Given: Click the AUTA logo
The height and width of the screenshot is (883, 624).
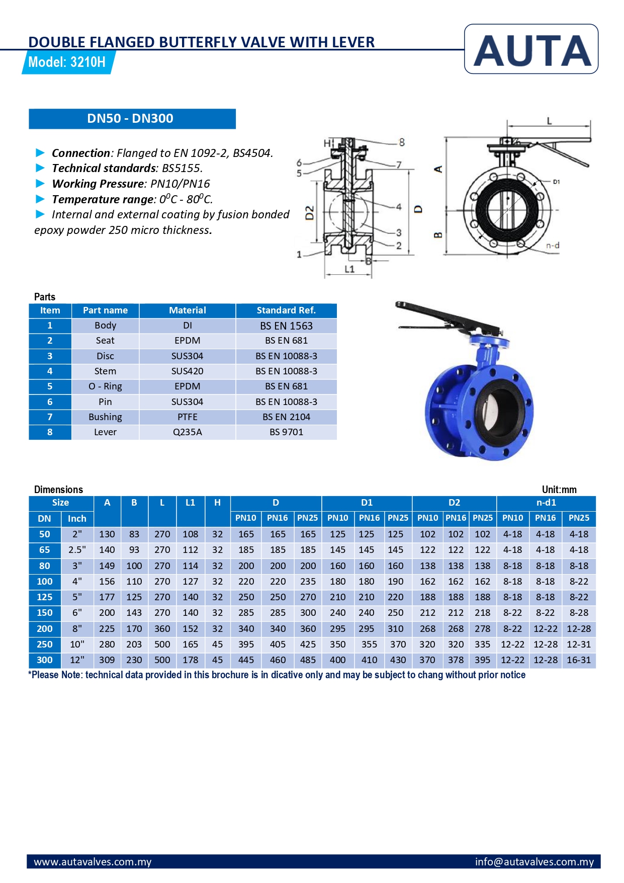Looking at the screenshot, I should [x=531, y=50].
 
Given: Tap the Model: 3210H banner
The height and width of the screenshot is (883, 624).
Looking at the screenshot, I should [x=67, y=62].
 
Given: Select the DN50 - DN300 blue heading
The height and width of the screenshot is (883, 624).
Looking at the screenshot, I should [x=131, y=119].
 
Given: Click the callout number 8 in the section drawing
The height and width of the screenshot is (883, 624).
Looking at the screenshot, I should [x=401, y=142].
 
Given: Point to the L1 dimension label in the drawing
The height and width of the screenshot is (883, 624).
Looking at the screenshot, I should [x=349, y=269].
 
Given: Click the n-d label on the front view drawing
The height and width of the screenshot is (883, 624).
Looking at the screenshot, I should [x=553, y=246].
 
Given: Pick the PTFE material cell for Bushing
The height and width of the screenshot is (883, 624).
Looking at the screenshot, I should [x=187, y=417].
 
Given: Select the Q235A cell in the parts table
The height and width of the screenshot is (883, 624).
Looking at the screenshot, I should [x=187, y=432].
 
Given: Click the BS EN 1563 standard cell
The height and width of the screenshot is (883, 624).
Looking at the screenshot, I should [x=286, y=326].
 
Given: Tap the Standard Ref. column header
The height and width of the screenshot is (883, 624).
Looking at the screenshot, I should [x=286, y=310].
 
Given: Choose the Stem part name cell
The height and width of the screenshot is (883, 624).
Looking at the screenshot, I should [x=105, y=371].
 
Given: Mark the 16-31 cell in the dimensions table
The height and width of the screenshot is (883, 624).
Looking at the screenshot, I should [x=579, y=660].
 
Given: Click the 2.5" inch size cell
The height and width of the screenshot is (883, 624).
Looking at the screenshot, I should [x=77, y=550].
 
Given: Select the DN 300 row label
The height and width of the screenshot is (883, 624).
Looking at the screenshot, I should [x=45, y=660].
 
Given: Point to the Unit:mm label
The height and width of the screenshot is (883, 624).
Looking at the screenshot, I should [x=559, y=490].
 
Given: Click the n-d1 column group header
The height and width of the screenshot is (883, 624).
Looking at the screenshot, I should [x=546, y=503].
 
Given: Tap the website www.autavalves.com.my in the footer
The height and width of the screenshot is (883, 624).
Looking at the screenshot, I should [x=93, y=862].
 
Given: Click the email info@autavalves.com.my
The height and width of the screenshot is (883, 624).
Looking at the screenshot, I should [x=534, y=862].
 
